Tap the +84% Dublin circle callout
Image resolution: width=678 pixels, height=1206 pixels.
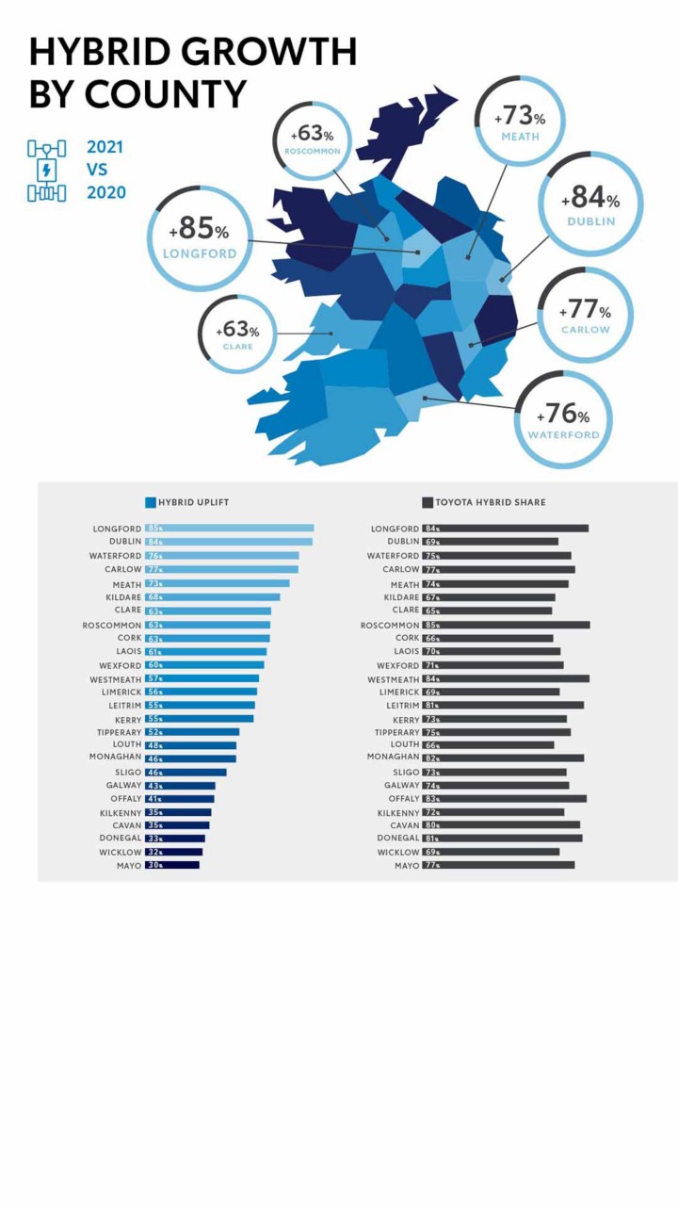point(590,204)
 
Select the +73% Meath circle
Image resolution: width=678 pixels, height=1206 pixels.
point(520,122)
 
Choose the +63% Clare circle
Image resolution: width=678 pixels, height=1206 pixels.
point(237,334)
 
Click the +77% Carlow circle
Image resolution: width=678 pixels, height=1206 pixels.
point(585,315)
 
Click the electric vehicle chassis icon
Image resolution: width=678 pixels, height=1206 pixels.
point(47,171)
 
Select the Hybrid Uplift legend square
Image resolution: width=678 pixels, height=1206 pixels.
point(150,502)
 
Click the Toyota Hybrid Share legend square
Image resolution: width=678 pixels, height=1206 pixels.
point(427,502)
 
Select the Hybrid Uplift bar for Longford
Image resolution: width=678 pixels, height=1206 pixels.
point(229,529)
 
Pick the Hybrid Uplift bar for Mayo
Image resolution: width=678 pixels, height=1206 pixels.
point(171,865)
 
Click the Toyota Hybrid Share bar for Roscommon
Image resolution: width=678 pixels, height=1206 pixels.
point(506,625)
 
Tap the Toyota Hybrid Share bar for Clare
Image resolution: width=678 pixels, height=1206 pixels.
point(487,611)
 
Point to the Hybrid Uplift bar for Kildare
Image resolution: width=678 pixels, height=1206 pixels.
point(212,596)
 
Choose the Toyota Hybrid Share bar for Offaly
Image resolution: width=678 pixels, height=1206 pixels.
point(504,798)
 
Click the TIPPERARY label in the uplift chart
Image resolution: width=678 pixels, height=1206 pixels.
point(119,732)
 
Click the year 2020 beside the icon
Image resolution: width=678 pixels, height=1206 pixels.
point(105,193)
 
